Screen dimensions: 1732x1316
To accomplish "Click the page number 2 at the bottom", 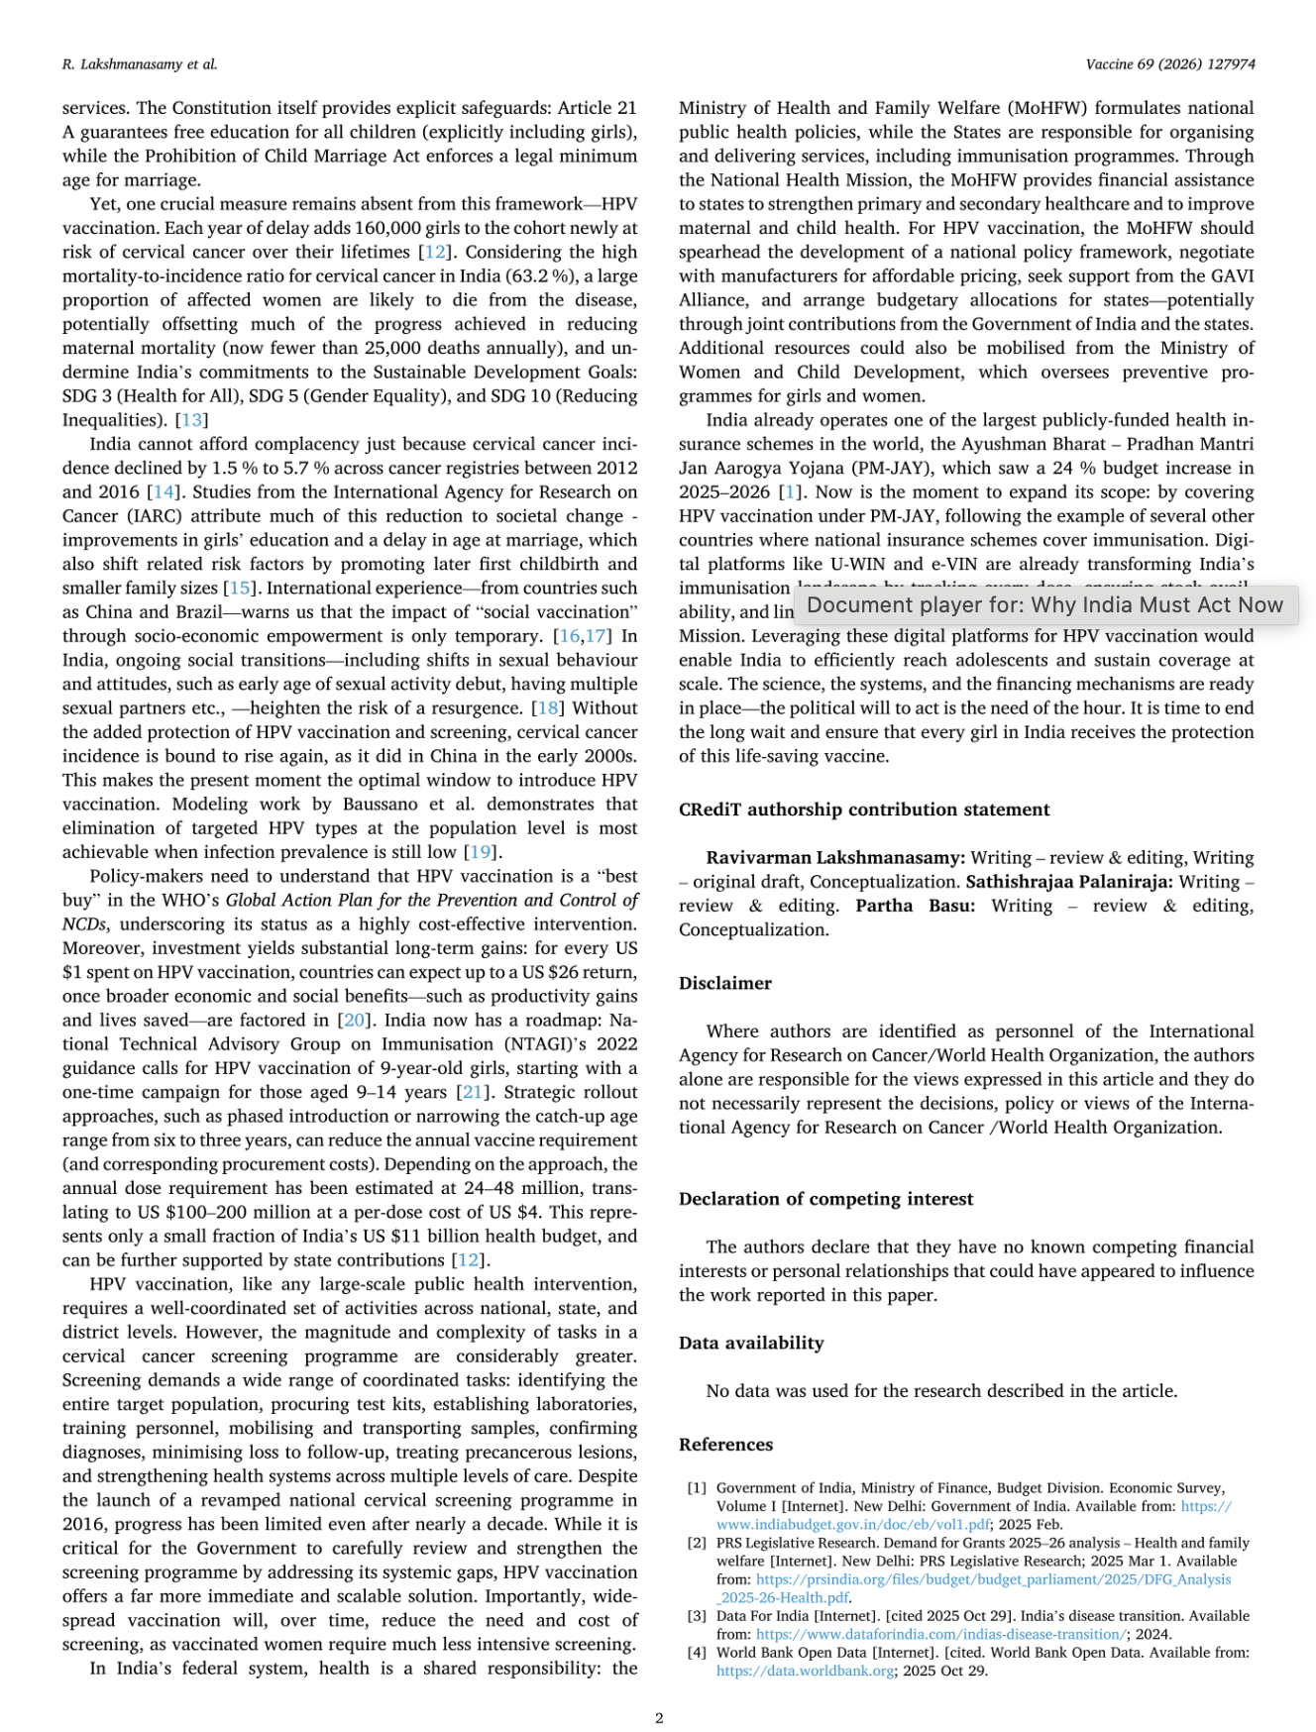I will point(659,1717).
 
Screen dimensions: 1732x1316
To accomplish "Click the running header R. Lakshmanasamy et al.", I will point(140,64).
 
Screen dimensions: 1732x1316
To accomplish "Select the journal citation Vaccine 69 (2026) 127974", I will point(1170,64).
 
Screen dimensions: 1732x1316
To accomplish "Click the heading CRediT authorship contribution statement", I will point(864,810).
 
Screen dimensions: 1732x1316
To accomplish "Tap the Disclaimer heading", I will point(725,983).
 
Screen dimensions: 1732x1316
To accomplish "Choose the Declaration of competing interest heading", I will point(825,1199).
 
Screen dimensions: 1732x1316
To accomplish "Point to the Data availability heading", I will point(751,1343).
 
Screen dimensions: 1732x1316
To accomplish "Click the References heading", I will point(725,1445).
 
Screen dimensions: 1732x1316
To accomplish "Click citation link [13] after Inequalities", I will point(192,420).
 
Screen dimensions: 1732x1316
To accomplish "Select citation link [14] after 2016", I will point(164,492).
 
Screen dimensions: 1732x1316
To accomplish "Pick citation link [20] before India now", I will point(354,1021).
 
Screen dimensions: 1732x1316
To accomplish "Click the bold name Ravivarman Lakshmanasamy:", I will point(835,858).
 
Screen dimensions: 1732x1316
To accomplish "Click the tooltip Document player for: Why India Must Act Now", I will point(1045,605).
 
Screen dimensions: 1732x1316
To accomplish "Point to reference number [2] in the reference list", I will point(698,1543).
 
